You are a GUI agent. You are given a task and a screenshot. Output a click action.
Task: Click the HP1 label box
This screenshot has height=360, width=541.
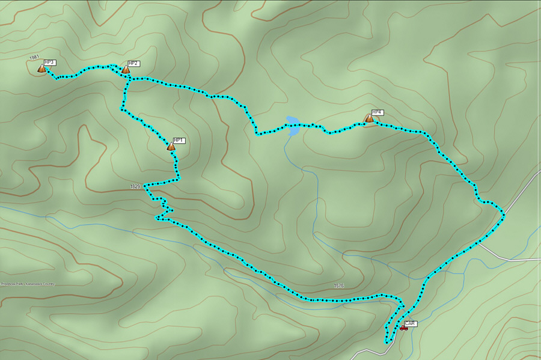(x=179, y=141)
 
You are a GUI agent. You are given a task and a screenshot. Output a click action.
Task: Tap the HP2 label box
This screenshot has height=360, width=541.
(x=133, y=64)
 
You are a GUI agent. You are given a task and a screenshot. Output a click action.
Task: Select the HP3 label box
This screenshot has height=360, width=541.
(x=50, y=63)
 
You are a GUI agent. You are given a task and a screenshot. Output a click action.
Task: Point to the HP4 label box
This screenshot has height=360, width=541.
(x=377, y=112)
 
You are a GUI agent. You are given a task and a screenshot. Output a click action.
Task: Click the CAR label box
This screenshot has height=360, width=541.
(x=410, y=323)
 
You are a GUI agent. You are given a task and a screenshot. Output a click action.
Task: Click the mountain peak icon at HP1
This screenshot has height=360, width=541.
(x=171, y=147)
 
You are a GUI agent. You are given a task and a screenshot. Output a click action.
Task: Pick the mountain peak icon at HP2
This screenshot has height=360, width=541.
(x=125, y=70)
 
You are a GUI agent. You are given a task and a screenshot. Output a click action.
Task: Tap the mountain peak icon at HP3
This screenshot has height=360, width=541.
(x=41, y=69)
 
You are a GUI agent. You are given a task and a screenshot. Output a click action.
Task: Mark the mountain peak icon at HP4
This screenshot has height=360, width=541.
(x=369, y=118)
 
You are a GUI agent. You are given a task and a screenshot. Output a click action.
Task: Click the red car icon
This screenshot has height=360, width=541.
(x=403, y=328)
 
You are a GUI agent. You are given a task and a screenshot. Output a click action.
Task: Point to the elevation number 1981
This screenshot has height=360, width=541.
(x=34, y=58)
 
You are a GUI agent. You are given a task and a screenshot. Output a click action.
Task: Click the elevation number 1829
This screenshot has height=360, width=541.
(x=135, y=187)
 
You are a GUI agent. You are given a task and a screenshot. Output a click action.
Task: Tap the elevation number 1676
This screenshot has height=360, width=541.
(x=339, y=286)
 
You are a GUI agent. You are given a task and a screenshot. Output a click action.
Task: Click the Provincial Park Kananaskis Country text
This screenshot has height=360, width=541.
(x=28, y=284)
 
